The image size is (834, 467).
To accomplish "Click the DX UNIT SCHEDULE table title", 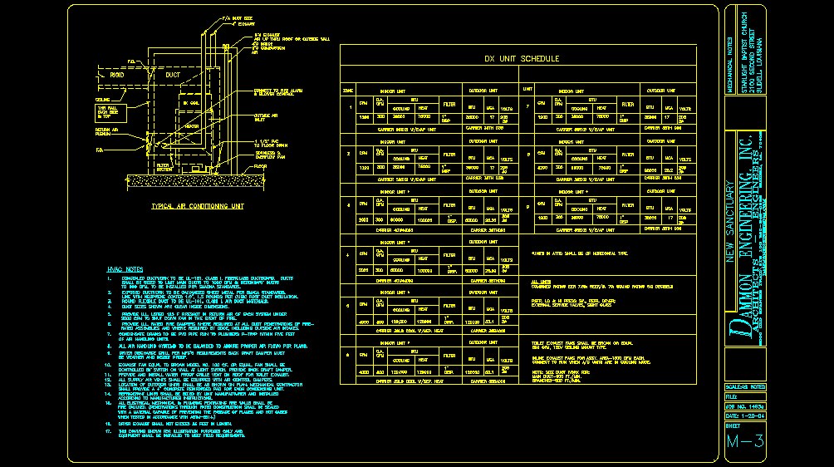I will (x=522, y=58).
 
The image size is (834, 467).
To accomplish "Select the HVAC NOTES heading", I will (x=125, y=269).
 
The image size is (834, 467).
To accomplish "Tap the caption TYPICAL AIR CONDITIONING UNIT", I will (x=197, y=206).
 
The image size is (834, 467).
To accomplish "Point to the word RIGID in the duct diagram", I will (x=117, y=75).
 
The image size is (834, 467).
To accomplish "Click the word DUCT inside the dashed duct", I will (x=172, y=75).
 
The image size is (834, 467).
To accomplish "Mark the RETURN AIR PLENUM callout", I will (x=104, y=132).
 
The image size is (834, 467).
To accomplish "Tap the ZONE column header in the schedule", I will (x=348, y=89).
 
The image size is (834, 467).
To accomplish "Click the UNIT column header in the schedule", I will (x=527, y=89).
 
